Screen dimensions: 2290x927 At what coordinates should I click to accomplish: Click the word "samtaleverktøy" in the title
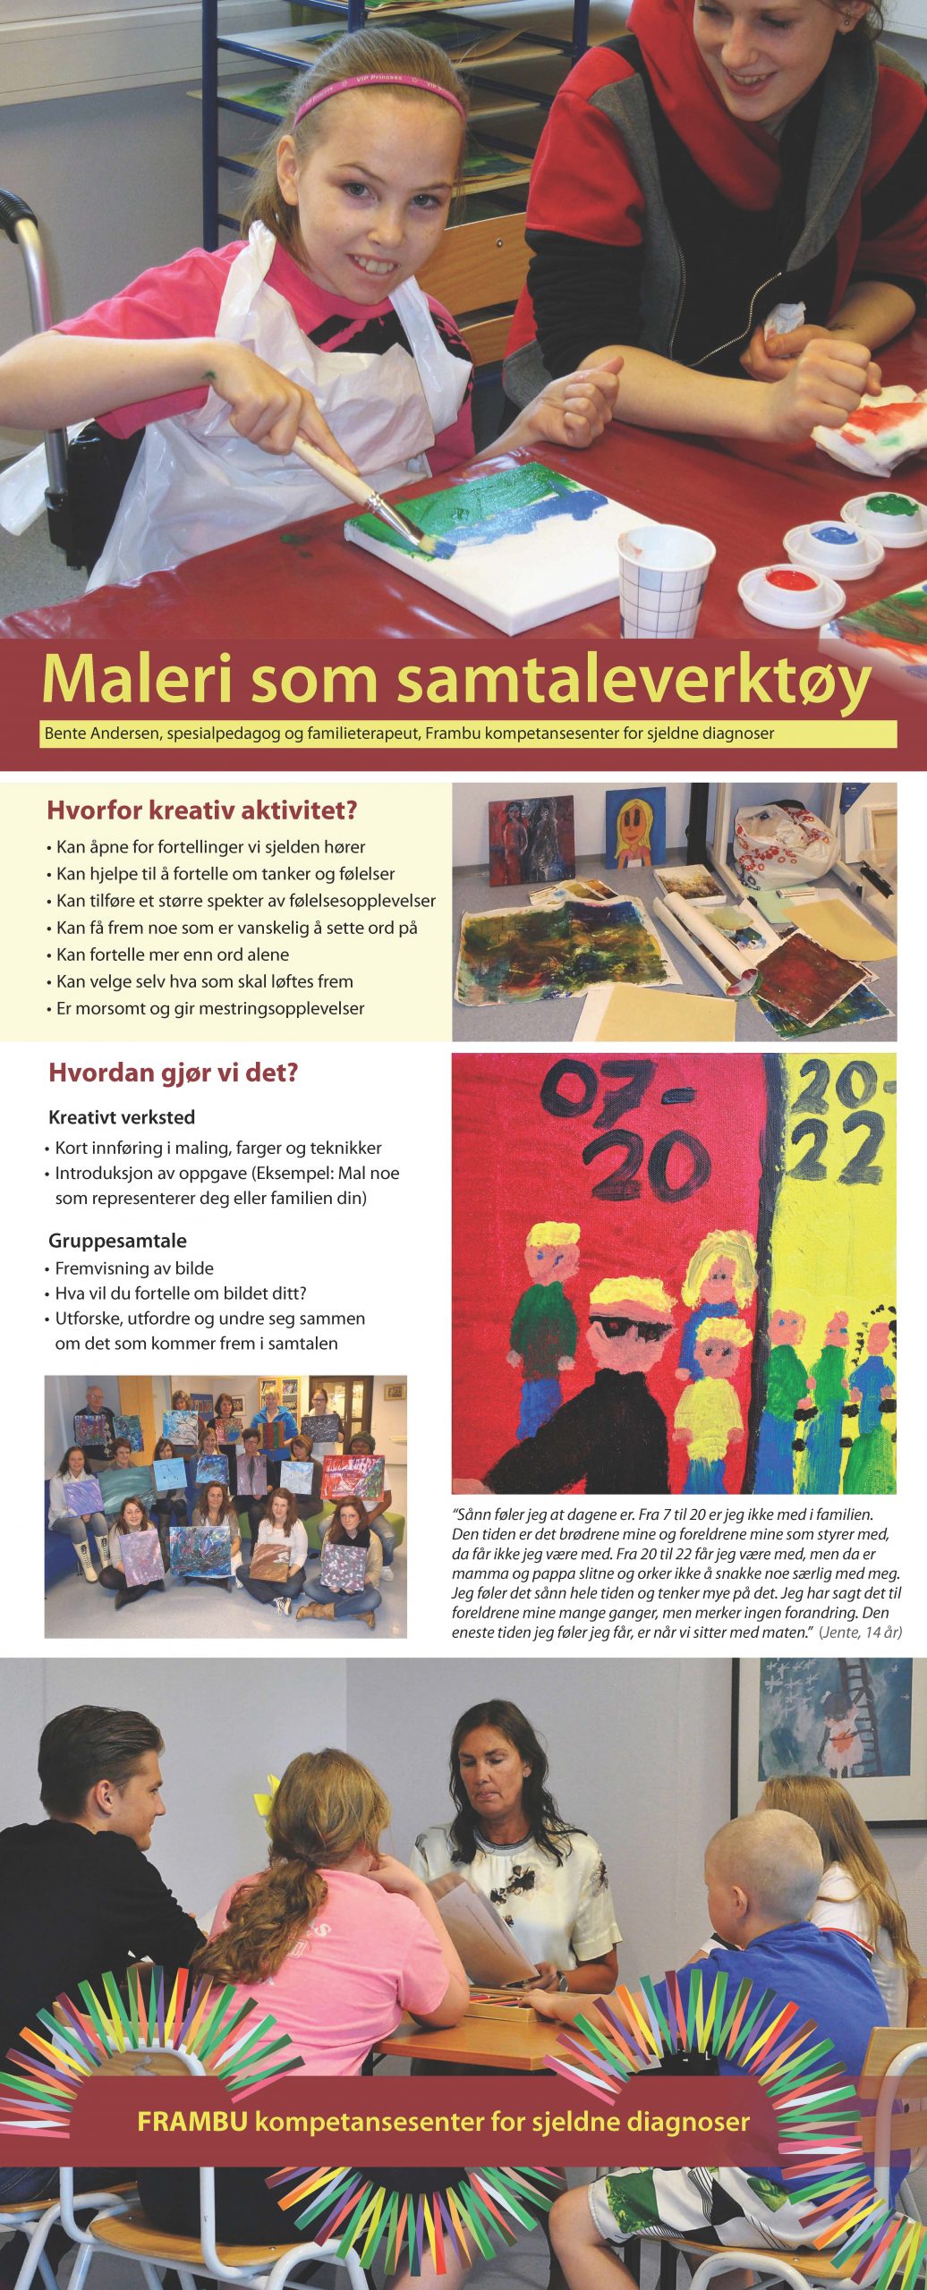tap(634, 683)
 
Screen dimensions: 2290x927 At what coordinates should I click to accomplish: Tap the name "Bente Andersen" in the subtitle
tap(98, 734)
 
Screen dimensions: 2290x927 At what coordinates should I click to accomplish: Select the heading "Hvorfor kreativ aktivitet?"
tap(201, 811)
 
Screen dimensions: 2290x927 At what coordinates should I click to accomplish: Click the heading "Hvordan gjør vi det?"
tap(173, 1073)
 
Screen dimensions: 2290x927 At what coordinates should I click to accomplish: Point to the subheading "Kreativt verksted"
tap(122, 1117)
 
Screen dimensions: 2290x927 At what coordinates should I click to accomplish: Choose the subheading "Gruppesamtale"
tap(117, 1241)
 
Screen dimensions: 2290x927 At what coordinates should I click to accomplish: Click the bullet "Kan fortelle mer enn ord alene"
tap(172, 954)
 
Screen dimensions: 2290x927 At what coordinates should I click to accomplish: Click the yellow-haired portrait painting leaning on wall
tap(634, 827)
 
